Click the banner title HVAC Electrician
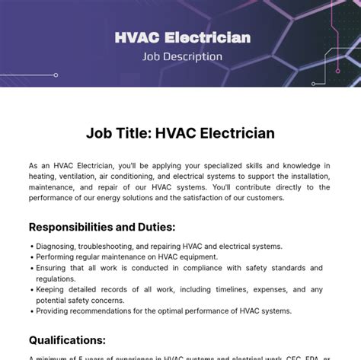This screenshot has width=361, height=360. coord(182,37)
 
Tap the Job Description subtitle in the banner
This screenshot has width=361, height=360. coord(182,56)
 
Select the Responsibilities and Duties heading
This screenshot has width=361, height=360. coord(102,227)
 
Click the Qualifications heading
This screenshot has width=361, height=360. coord(67,339)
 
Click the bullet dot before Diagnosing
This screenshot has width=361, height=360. coord(31,247)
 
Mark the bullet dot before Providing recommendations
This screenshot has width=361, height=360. coord(31,311)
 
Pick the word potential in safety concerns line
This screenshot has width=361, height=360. coord(53,300)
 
